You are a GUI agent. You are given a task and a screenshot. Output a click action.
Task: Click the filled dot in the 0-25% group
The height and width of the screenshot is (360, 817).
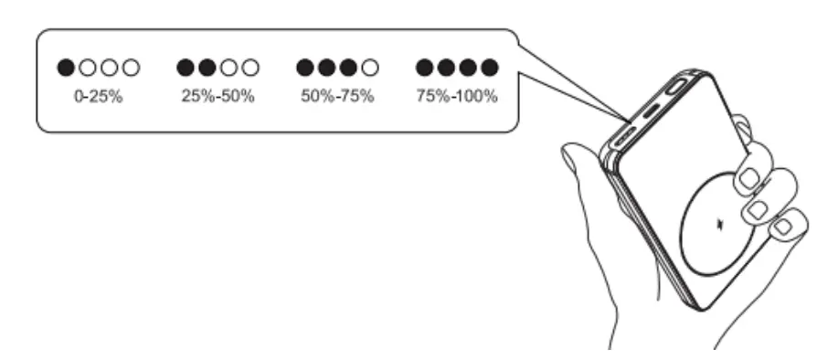(65, 67)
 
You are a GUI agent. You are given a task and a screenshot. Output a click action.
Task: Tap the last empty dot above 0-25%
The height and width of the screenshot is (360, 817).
(131, 67)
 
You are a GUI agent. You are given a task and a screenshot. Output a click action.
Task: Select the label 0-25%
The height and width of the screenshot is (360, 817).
(98, 96)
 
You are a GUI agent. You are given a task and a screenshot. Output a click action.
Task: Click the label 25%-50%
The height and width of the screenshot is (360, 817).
(218, 96)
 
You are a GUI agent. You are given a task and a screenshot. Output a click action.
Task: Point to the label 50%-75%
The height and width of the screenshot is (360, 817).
(337, 96)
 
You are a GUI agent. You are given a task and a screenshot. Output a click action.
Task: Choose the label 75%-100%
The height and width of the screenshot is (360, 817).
(457, 96)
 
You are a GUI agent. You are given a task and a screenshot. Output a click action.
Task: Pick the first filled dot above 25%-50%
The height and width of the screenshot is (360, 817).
(185, 67)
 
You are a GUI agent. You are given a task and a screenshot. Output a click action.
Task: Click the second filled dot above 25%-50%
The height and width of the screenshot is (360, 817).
(207, 67)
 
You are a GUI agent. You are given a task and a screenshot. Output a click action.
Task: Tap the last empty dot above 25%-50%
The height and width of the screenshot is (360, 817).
(250, 67)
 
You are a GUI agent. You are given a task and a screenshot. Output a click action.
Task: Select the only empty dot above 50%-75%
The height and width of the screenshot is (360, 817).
(370, 67)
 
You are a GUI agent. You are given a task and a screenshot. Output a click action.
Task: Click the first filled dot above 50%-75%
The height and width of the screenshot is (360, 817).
(304, 67)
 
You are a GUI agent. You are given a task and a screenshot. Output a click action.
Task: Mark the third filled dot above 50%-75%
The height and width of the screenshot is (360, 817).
(348, 67)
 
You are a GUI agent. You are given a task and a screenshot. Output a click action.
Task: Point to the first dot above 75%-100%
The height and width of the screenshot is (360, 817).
(424, 67)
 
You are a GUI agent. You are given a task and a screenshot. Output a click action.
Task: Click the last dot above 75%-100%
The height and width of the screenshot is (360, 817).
(490, 67)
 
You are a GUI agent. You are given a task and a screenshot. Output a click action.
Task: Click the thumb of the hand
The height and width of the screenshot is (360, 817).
(585, 183)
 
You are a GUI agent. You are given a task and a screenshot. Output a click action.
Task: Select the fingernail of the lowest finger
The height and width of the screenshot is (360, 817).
(784, 225)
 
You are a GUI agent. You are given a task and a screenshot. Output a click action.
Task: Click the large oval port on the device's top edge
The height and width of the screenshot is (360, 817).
(677, 90)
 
